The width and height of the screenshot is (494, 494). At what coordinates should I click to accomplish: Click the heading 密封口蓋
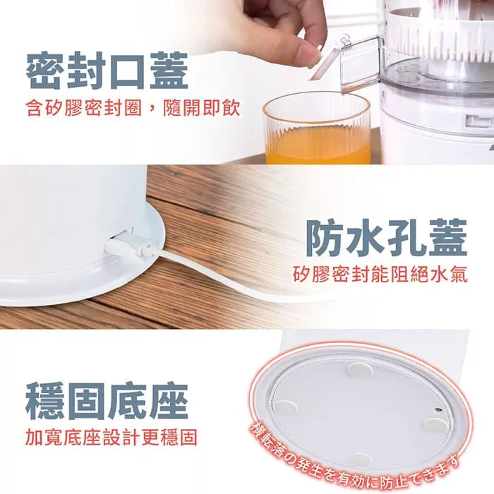[107, 71]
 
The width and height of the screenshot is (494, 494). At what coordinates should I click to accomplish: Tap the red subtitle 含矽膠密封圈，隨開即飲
[133, 109]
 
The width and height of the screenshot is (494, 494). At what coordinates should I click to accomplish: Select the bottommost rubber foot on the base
[360, 459]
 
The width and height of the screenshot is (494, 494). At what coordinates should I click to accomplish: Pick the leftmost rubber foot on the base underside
[286, 406]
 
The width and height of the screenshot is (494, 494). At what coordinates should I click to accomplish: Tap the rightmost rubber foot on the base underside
[435, 424]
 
